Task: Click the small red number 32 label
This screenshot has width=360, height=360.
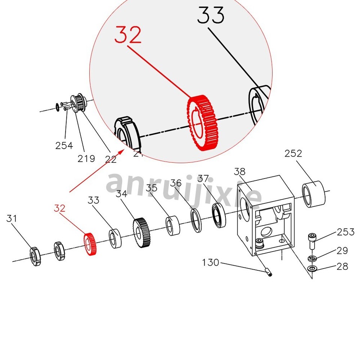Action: click(60, 208)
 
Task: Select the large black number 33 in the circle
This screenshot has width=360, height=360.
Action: click(211, 16)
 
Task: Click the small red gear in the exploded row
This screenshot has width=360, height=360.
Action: click(90, 244)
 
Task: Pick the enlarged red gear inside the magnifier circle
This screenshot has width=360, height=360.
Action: click(201, 122)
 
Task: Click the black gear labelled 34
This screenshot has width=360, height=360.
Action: click(141, 233)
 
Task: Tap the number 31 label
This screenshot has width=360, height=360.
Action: click(12, 218)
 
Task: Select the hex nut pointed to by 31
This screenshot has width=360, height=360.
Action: click(35, 257)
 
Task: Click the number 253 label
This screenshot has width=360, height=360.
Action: click(345, 232)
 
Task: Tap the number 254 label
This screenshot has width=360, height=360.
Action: click(64, 145)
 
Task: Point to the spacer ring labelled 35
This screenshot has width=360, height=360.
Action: click(173, 226)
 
